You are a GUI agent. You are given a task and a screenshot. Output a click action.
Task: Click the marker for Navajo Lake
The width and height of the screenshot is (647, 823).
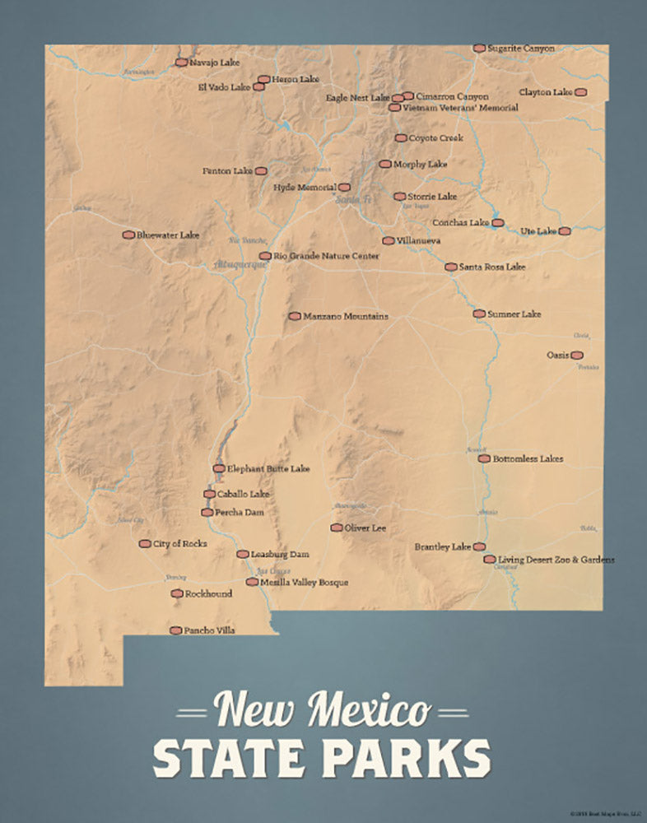click(x=180, y=62)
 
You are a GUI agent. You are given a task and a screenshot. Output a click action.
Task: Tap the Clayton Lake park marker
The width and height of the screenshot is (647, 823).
click(x=580, y=92)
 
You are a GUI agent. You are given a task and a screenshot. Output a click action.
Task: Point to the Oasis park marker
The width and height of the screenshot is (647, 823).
click(x=577, y=356)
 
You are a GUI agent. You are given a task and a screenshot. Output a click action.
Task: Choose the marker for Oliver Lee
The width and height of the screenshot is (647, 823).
click(x=337, y=528)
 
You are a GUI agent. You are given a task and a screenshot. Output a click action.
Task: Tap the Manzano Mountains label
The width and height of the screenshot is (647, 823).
click(x=346, y=316)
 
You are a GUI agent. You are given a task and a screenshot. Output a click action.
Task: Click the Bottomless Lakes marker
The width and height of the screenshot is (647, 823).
click(x=484, y=458)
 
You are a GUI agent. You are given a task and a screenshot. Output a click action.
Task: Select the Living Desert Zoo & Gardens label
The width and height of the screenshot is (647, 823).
click(x=556, y=560)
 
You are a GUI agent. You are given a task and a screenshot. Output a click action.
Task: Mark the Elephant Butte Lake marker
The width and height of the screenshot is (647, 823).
click(x=219, y=468)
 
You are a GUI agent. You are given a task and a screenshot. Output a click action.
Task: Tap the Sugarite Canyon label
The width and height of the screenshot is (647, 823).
click(x=521, y=49)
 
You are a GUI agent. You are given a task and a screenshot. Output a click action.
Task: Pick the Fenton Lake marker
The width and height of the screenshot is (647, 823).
click(x=261, y=171)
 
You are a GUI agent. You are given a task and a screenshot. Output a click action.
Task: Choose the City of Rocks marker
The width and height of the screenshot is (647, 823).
click(x=145, y=544)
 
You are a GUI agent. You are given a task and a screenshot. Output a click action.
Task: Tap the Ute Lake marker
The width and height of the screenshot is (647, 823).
click(x=564, y=231)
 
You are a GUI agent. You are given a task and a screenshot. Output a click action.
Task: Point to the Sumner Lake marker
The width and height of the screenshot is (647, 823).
click(x=479, y=314)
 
